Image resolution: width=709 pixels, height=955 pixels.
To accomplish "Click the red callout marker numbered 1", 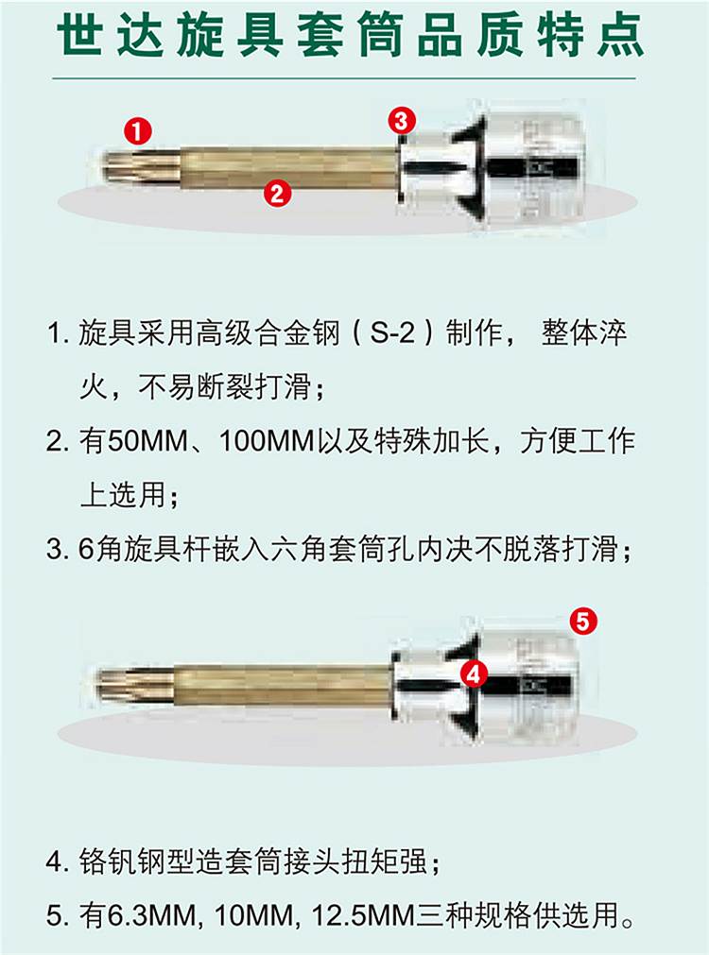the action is tap(138, 131).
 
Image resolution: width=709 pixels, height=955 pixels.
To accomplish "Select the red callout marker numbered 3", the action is tap(402, 121).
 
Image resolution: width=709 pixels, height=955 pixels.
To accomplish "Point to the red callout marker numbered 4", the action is tap(475, 674).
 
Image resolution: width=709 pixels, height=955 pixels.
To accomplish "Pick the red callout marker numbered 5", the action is tap(583, 622).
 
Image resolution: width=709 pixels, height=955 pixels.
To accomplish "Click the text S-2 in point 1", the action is tap(393, 333).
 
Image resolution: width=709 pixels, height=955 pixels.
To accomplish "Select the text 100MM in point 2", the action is tap(267, 441).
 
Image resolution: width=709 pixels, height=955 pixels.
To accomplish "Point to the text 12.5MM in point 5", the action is tap(363, 915).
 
